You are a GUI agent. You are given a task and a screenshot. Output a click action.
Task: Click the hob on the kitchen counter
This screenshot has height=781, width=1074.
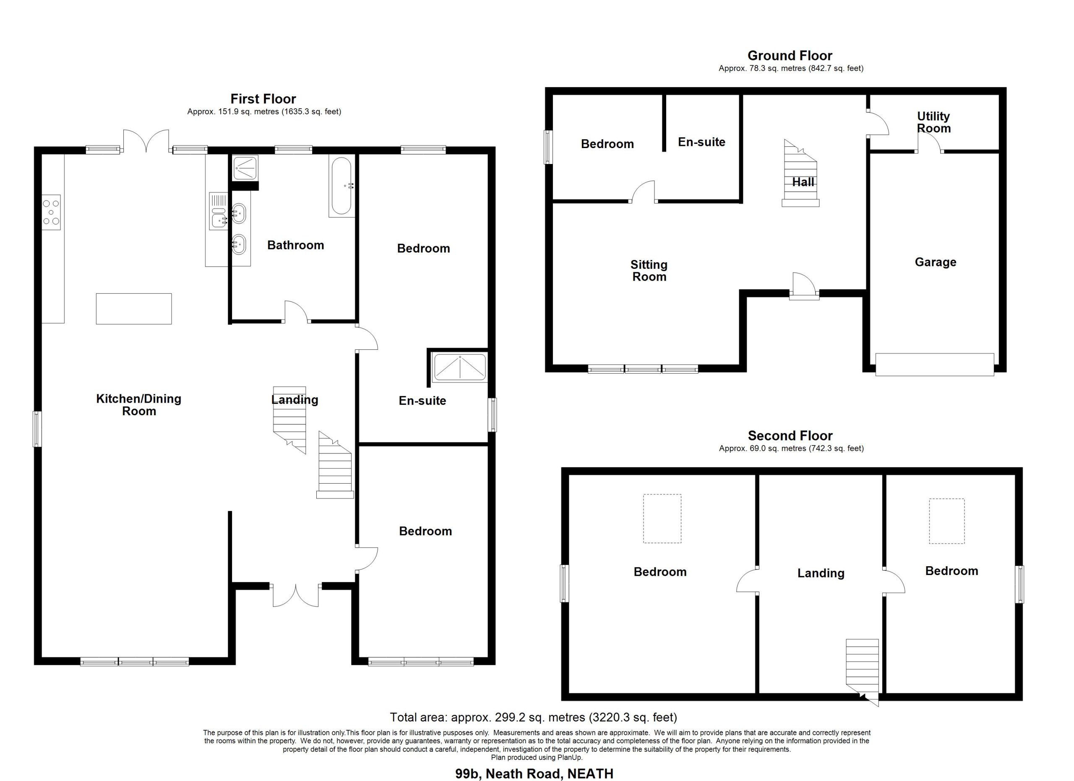(51, 213)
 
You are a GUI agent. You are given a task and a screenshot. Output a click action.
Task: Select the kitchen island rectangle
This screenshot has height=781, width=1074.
(133, 309)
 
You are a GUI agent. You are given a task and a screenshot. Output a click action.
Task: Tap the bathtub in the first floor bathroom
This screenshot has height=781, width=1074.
(341, 187)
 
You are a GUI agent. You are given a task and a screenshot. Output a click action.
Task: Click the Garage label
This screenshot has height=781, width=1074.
(935, 262)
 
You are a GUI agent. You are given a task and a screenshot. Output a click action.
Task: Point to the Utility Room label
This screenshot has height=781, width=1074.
(933, 122)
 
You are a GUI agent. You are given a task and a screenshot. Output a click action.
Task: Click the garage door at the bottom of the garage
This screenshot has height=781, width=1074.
(934, 364)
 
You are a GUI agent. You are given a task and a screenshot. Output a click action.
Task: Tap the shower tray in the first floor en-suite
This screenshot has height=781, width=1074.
(460, 367)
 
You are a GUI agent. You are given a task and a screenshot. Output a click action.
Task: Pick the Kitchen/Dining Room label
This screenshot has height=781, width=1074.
(139, 405)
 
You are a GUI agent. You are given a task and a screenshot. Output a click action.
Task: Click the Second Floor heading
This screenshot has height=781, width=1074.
(790, 435)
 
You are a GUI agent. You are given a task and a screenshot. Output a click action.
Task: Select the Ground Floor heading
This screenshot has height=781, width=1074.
(790, 56)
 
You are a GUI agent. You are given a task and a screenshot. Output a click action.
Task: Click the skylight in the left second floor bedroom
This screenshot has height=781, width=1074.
(662, 519)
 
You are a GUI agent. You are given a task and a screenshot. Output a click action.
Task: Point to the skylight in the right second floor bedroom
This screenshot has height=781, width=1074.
(946, 521)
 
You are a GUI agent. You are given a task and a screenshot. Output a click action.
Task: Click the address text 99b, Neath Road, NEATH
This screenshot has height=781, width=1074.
(534, 773)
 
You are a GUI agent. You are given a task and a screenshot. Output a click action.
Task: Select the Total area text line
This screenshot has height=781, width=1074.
(534, 718)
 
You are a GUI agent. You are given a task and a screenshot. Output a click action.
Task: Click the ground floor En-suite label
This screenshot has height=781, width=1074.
(701, 142)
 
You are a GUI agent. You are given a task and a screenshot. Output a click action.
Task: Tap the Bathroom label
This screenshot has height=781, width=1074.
(295, 245)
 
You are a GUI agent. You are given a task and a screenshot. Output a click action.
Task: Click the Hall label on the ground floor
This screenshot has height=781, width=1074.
(803, 182)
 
